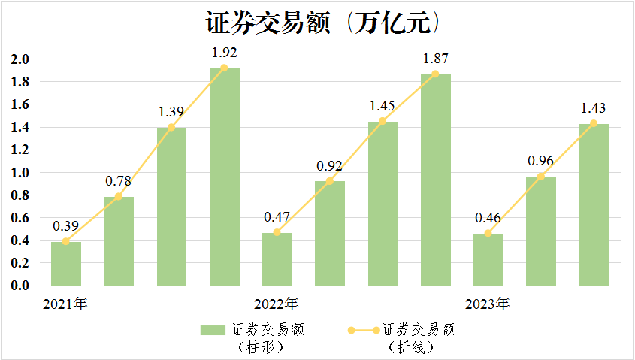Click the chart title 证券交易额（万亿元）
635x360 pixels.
coord(323,23)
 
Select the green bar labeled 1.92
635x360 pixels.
coord(225,177)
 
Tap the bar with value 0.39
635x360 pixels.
coord(66,264)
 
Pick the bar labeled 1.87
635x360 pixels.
coord(436,180)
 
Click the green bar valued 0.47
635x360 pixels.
coord(277,259)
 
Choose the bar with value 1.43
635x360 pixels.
coord(594,205)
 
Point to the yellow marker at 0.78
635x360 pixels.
coord(119,196)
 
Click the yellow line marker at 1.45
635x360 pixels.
coord(383,121)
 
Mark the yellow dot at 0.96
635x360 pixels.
coord(540,177)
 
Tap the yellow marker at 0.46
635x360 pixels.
coord(488,233)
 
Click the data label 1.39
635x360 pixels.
coord(171,112)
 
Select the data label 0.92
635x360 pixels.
coord(329,166)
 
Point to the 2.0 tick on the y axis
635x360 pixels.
coord(20,59)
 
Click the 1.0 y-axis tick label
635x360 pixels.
coord(20,173)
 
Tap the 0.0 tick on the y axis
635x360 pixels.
coord(20,286)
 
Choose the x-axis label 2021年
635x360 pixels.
coord(65,304)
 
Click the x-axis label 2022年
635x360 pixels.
coord(277,304)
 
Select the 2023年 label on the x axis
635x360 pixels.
coord(487,304)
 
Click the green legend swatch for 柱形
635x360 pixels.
coord(213,331)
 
